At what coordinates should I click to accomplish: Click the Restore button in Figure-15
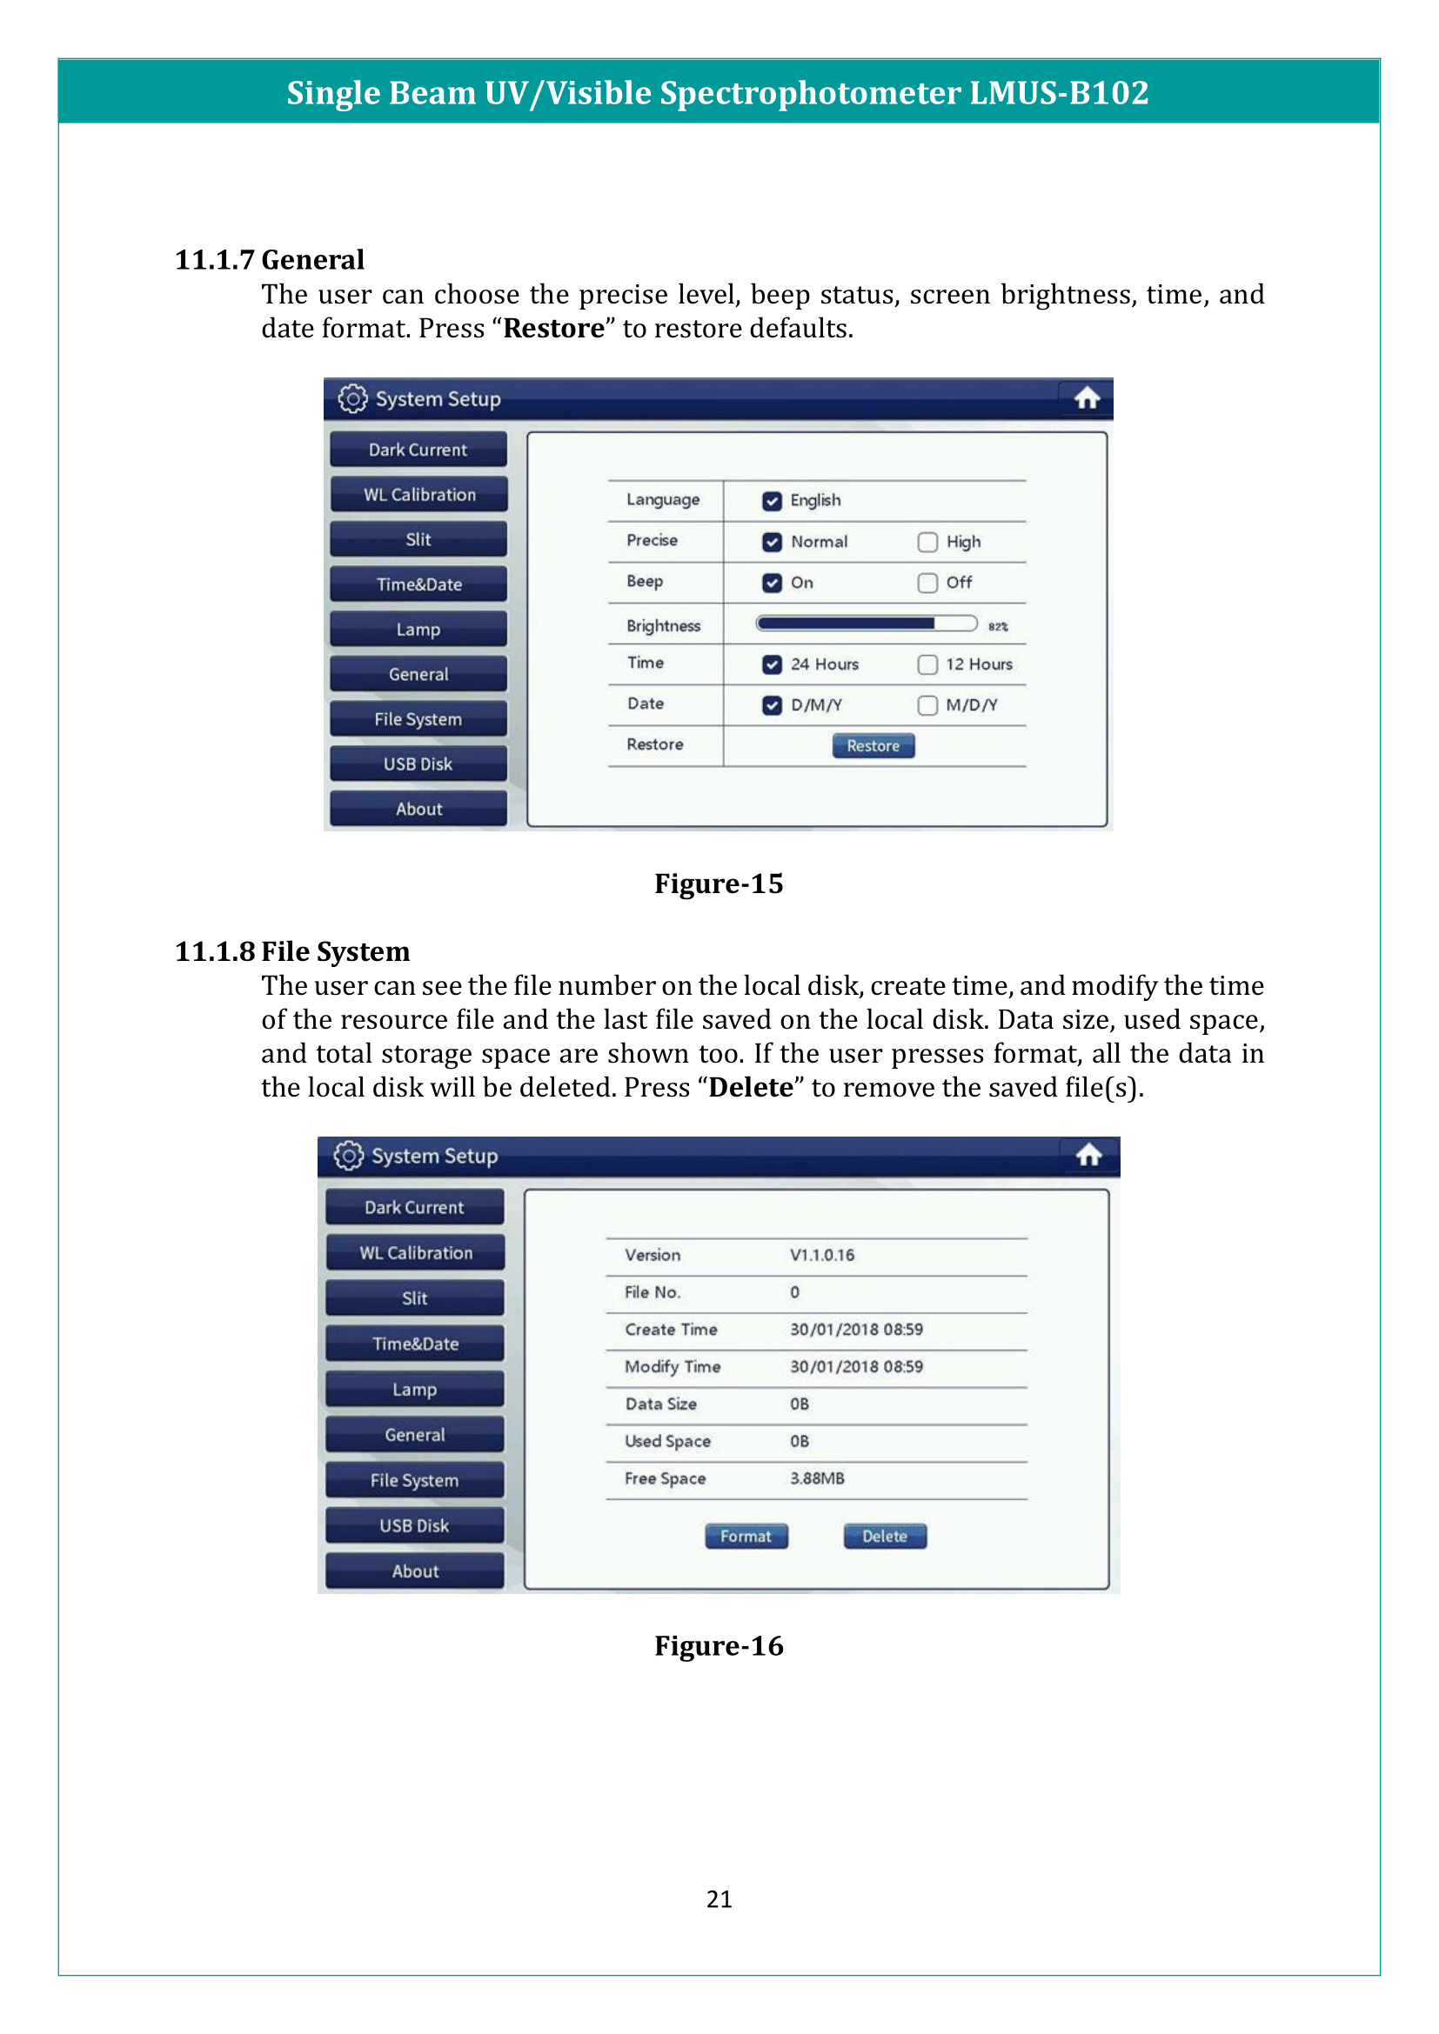point(873,746)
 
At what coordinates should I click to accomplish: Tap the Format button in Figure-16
point(746,1536)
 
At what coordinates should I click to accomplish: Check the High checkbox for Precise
point(927,542)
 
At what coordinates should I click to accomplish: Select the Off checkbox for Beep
point(927,583)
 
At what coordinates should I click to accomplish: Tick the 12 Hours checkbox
point(927,664)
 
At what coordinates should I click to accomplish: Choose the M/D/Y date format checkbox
point(927,705)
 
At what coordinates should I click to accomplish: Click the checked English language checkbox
point(772,502)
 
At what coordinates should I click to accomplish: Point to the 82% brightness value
point(998,626)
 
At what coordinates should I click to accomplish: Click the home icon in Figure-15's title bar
point(1088,398)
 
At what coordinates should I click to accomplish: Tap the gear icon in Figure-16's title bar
point(348,1155)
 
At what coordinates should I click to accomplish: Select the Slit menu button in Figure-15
point(418,539)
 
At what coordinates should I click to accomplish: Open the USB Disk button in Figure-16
point(414,1525)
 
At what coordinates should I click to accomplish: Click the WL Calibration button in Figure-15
point(418,494)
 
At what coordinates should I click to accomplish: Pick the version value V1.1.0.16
point(822,1256)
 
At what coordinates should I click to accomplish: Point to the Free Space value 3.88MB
point(817,1478)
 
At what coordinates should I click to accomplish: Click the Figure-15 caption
point(719,884)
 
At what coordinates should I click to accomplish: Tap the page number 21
point(719,1899)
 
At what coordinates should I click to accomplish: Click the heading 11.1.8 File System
point(292,951)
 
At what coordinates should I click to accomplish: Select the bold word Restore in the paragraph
point(554,329)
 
